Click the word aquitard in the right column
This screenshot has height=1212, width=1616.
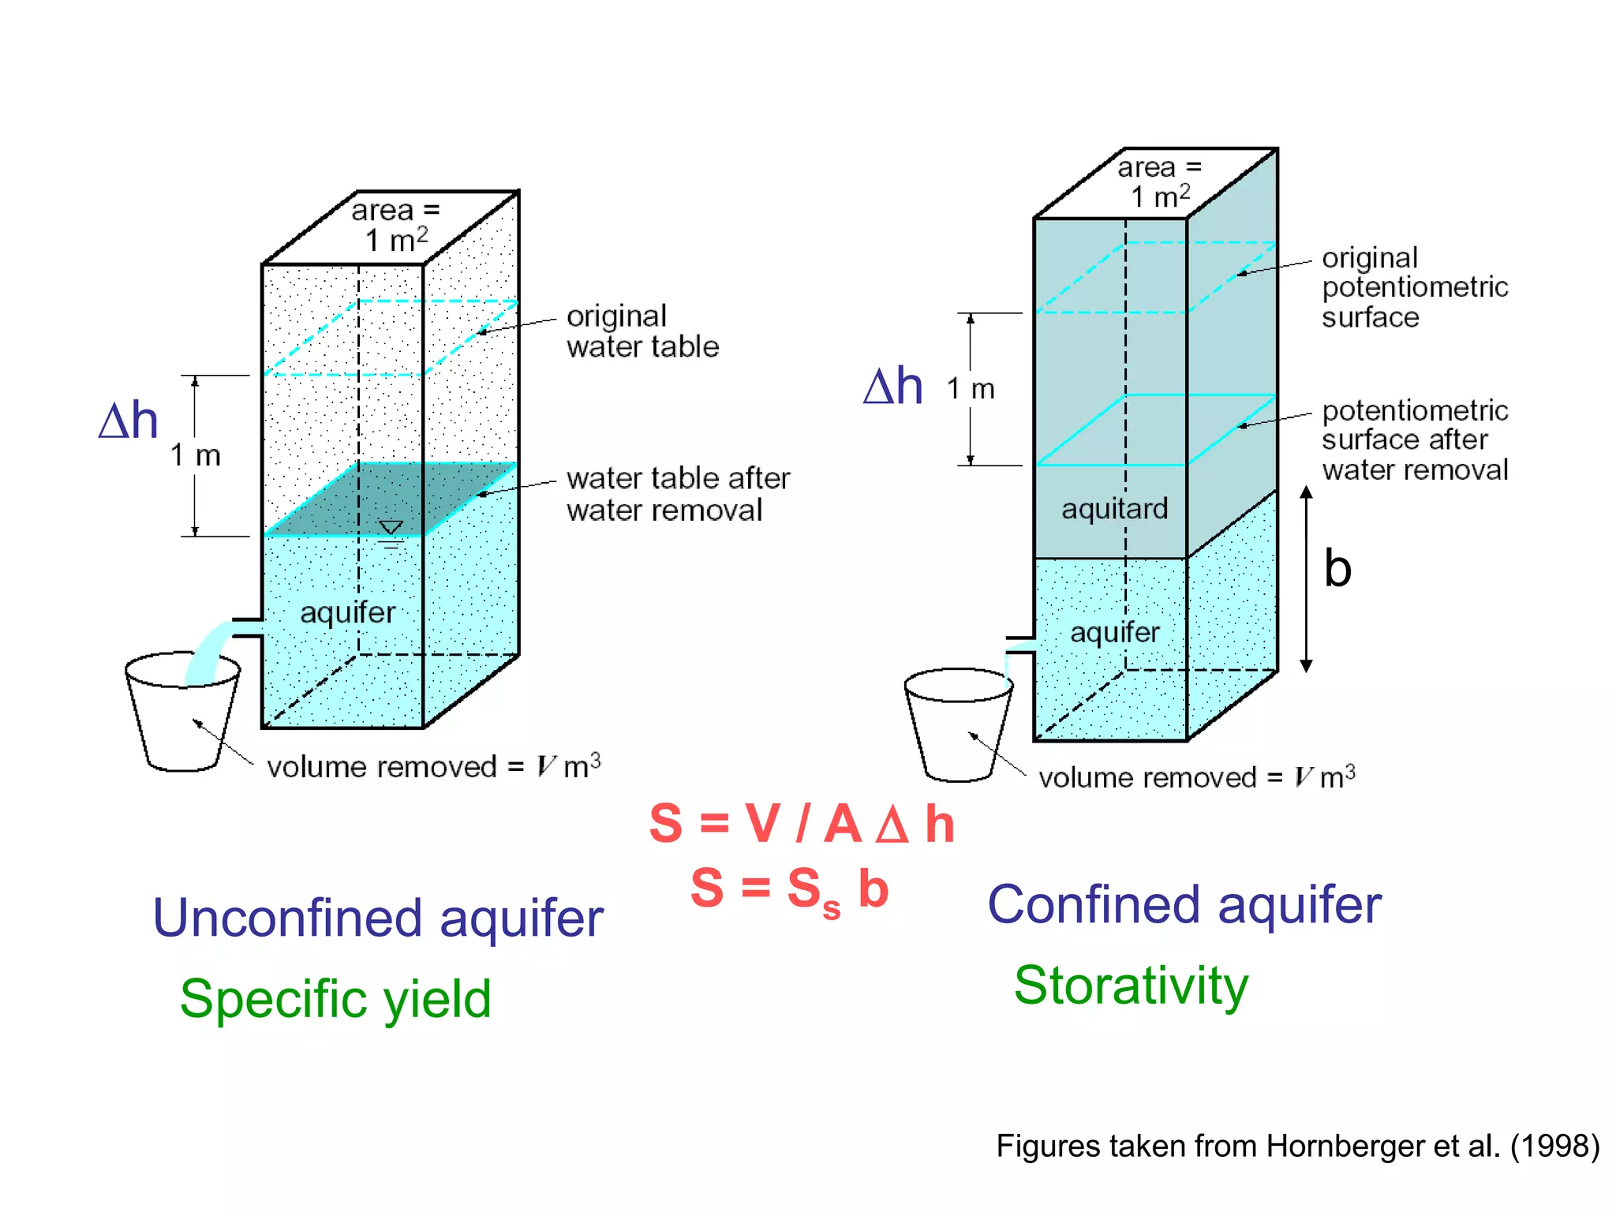click(1113, 509)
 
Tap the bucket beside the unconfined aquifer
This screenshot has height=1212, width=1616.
click(182, 714)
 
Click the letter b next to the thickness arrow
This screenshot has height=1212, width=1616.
click(1337, 569)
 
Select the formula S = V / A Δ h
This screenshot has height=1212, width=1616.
click(801, 824)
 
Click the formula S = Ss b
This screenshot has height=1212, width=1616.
click(789, 889)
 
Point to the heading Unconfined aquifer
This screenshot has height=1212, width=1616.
click(378, 918)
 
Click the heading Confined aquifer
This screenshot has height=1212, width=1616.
click(1184, 905)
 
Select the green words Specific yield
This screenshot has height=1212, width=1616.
click(335, 999)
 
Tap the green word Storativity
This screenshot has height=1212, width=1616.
click(1131, 986)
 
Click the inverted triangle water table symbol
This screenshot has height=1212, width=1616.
click(391, 528)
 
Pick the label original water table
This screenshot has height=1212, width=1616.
click(642, 331)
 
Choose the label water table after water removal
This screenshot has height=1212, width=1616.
click(677, 494)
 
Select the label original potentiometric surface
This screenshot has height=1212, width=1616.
click(1413, 287)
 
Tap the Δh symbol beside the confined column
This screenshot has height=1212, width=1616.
click(892, 387)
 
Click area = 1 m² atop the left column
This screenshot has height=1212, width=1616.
click(395, 226)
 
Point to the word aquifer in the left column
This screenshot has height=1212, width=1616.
click(347, 612)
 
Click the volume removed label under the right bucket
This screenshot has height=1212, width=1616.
click(1196, 778)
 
